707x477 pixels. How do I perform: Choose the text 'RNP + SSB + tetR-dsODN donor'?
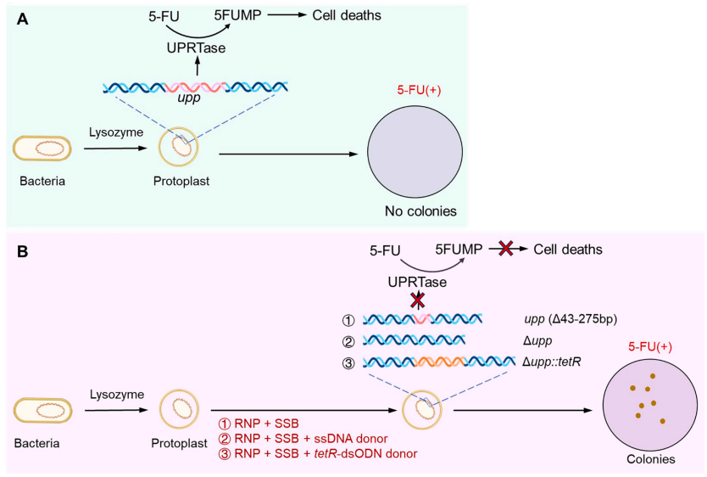(312, 453)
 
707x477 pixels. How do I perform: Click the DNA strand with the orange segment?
(423, 362)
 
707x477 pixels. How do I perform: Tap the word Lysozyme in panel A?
(113, 133)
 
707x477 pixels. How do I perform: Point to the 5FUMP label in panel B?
(459, 250)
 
